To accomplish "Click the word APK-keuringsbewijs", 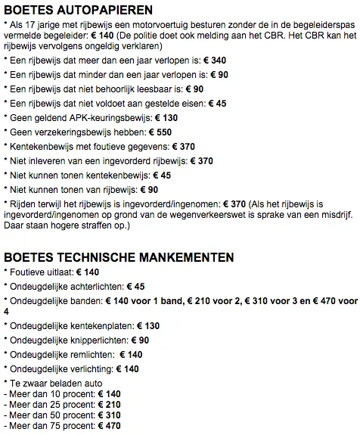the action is point(104,118).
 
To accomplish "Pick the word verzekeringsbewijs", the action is point(72,132).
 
